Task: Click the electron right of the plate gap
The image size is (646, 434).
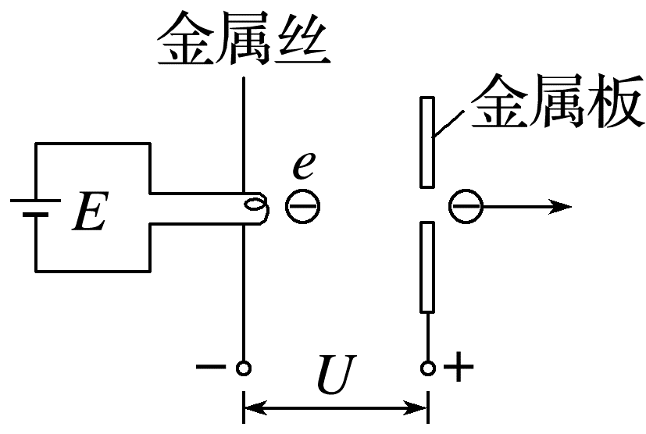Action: pos(466,206)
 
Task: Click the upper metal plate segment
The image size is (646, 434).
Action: pos(427,142)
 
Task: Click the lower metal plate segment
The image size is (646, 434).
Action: pos(427,266)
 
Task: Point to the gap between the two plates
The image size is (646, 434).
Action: pos(427,205)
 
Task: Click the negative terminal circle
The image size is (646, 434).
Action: pos(244,368)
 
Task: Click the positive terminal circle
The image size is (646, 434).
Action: pos(427,368)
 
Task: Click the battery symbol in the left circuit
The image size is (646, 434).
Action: pos(35,207)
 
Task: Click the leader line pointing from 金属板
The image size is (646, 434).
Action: pos(448,124)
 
